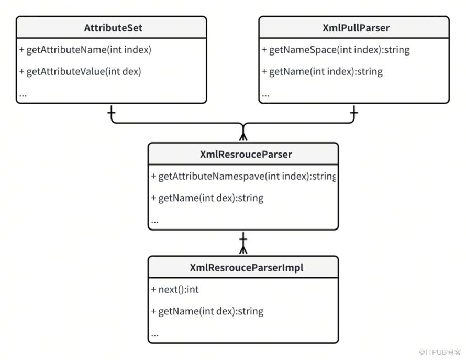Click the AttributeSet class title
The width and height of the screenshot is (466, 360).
113,28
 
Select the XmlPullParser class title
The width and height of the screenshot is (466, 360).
356,28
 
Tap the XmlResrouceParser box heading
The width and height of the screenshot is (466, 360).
246,154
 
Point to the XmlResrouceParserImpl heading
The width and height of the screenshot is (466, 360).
247,267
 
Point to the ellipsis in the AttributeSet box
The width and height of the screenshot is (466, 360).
23,96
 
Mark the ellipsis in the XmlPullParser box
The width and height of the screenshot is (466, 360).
265,96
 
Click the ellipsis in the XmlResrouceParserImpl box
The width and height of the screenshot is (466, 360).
155,335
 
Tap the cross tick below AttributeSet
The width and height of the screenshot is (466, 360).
112,113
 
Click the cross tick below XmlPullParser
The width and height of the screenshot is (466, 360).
354,113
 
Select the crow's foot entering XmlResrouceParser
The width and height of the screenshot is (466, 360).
243,136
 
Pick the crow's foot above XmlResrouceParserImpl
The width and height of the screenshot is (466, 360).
243,249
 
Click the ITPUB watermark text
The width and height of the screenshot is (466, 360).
440,352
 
